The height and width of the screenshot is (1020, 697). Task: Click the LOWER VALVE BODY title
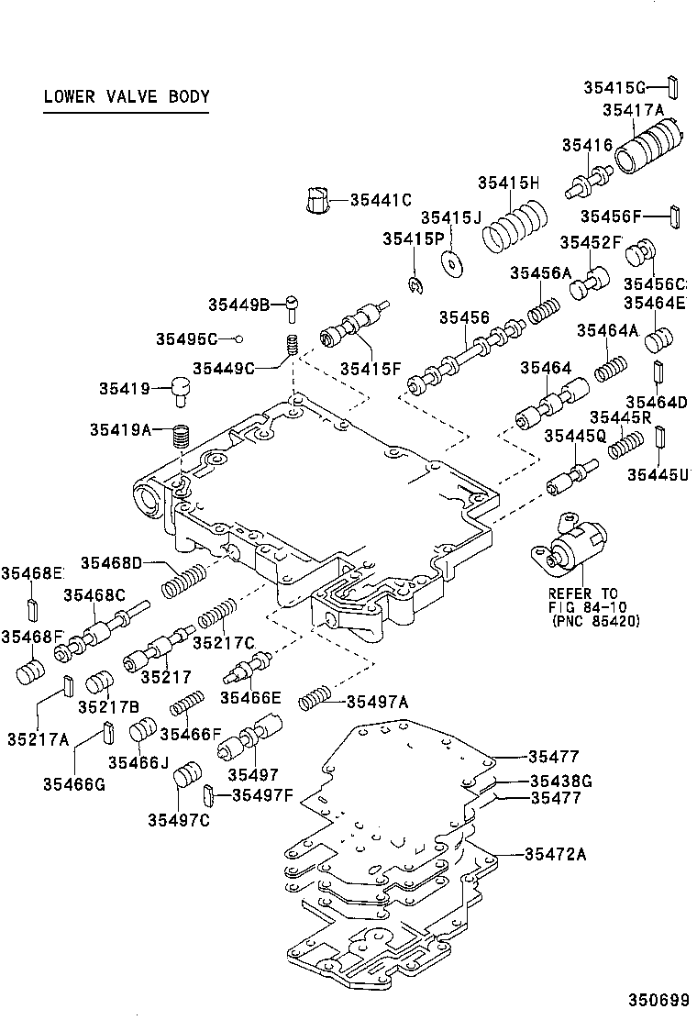[x=127, y=96]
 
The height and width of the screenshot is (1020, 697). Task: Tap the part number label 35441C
[x=380, y=199]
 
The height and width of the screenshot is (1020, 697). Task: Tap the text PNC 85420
[x=596, y=621]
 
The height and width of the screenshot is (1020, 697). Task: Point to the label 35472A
[x=555, y=854]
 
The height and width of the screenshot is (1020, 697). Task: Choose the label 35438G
[x=560, y=781]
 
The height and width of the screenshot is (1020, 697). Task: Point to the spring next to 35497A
[x=315, y=701]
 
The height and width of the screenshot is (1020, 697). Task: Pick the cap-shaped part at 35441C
[x=318, y=200]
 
